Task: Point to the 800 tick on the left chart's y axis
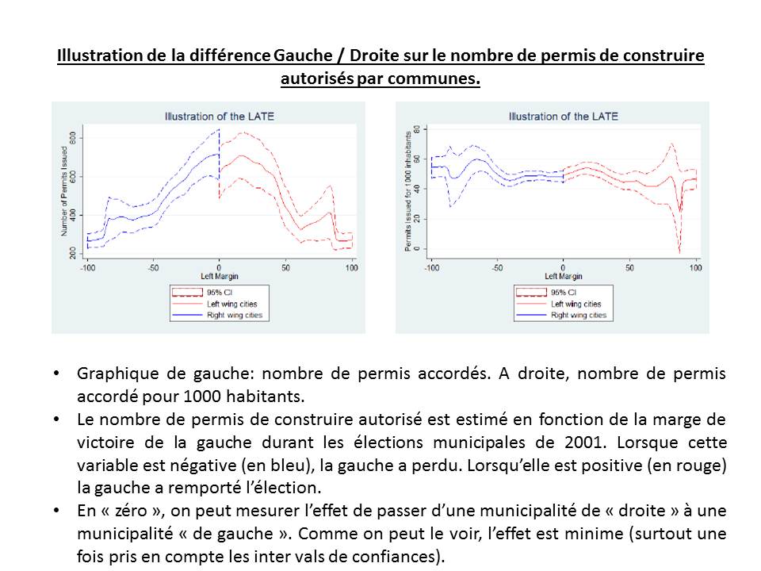[72, 138]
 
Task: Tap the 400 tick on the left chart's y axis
[72, 215]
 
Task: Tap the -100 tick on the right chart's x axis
[431, 267]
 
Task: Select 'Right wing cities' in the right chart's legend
[578, 315]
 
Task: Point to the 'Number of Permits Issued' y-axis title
[63, 195]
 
